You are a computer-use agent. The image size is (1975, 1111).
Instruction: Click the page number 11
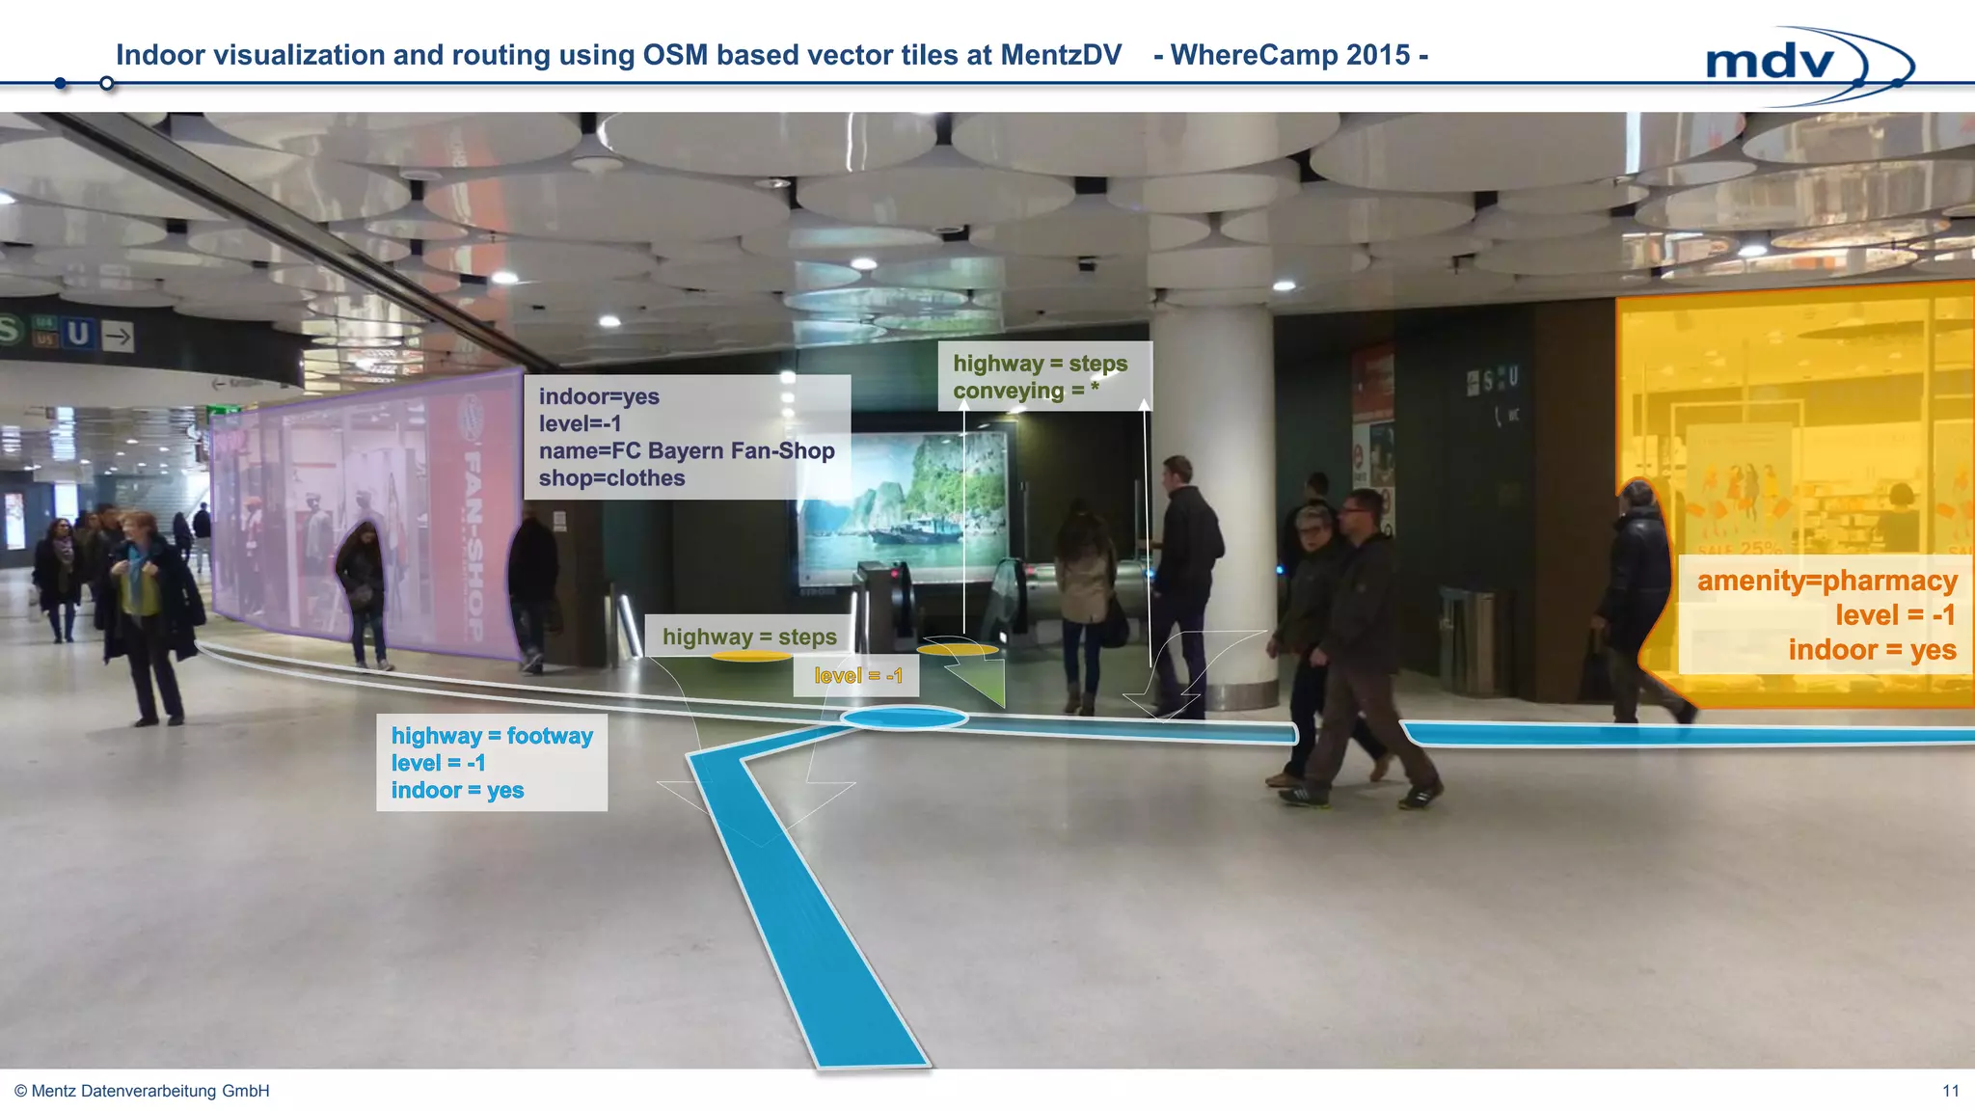(x=1950, y=1091)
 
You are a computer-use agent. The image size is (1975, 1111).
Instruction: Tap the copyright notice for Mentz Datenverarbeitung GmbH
(x=142, y=1091)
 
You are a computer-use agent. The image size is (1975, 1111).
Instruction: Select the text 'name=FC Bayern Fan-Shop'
(x=687, y=451)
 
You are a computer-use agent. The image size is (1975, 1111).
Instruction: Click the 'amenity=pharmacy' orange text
(x=1826, y=581)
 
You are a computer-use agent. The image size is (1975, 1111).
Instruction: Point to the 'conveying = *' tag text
(x=1025, y=392)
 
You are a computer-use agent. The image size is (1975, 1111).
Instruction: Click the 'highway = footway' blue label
(x=492, y=736)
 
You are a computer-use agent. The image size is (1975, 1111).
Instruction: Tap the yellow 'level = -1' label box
(x=857, y=676)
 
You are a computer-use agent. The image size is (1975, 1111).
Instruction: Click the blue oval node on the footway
(x=904, y=718)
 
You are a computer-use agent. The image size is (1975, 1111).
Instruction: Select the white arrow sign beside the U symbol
(x=118, y=337)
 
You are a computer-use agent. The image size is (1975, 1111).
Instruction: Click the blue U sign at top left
(x=79, y=335)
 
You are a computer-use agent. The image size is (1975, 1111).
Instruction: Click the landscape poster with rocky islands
(x=902, y=506)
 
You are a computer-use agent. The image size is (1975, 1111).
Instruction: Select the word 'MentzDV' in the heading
(x=1061, y=55)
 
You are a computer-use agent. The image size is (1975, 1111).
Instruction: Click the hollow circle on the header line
(x=107, y=84)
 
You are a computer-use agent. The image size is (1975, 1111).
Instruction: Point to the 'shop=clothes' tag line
(x=611, y=478)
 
